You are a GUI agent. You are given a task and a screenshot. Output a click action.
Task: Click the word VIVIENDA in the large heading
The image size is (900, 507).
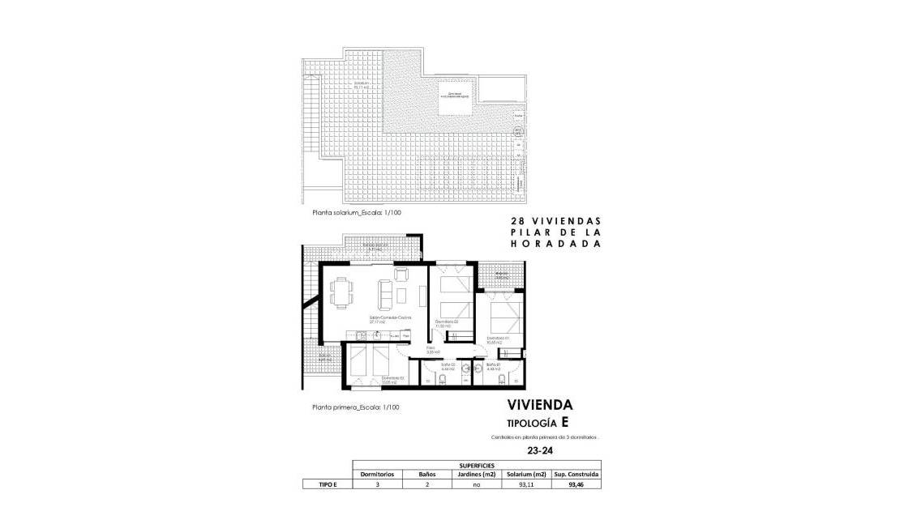(x=540, y=405)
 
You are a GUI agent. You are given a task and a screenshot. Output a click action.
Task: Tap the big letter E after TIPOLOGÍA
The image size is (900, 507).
(x=564, y=422)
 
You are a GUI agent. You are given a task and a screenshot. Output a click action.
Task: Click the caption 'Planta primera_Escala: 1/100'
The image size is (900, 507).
(x=356, y=407)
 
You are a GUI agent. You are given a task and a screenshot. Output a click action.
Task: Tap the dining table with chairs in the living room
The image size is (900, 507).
(x=342, y=292)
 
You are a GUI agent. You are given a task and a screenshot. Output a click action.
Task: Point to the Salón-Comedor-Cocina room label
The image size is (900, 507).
(x=390, y=318)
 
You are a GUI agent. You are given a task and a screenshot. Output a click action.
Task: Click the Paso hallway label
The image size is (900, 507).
(x=432, y=350)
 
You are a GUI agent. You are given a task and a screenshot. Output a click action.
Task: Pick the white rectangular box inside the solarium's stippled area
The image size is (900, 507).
(x=456, y=98)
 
